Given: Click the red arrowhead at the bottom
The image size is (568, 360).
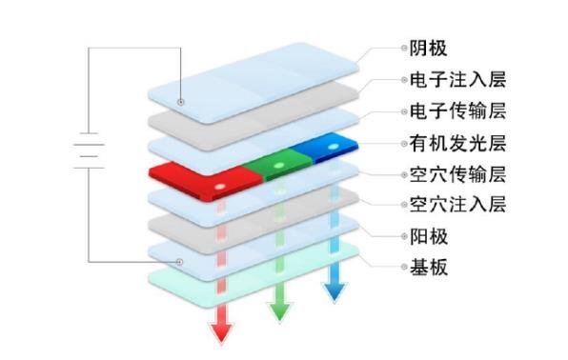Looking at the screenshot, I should [221, 330].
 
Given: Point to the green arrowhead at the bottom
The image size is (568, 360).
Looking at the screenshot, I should [279, 310].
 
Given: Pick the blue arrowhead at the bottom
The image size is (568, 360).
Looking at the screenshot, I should [333, 290].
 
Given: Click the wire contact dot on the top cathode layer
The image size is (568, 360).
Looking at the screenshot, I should [180, 101].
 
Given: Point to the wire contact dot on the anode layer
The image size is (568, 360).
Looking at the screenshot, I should [180, 261].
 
